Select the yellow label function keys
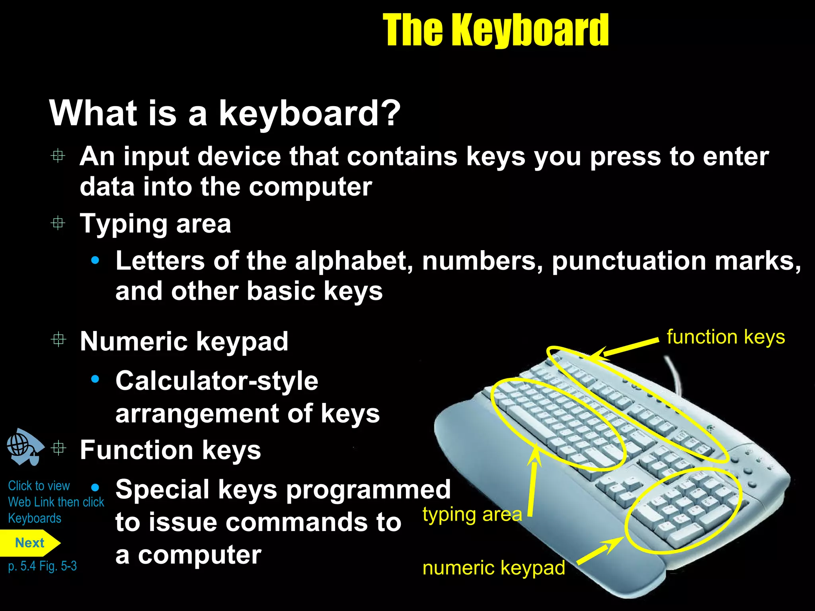(725, 337)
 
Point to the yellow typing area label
(472, 515)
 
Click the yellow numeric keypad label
(493, 568)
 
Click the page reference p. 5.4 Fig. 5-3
(42, 566)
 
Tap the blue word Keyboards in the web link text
(35, 518)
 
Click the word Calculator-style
(217, 381)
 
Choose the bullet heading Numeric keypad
(184, 341)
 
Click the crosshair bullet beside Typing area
(58, 223)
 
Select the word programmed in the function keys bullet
(368, 489)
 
